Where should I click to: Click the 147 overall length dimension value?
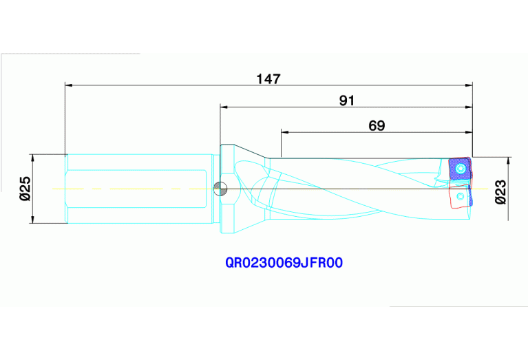coord(268,78)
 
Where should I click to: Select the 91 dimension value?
coord(347,100)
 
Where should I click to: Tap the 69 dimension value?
coord(377,125)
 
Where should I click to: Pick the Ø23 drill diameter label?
coord(501,191)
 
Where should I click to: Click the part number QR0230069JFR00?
coord(284,263)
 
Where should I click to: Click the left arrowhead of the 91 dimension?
coord(224,107)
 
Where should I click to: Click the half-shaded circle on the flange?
coord(220,188)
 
